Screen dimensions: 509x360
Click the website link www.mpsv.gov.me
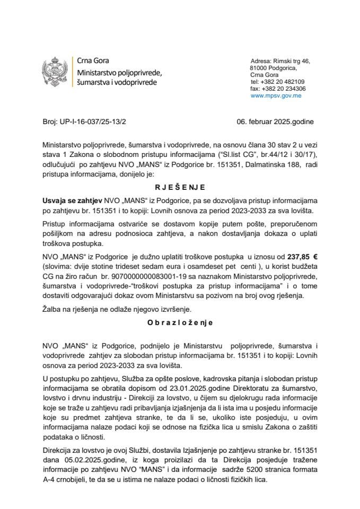point(276,96)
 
